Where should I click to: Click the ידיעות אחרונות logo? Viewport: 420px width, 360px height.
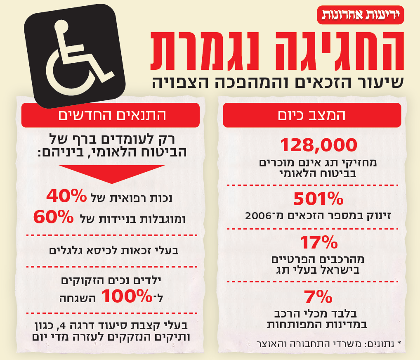point(360,15)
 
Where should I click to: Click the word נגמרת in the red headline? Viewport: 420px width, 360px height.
point(205,51)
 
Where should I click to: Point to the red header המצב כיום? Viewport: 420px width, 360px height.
point(312,115)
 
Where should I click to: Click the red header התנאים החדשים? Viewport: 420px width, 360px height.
point(110,115)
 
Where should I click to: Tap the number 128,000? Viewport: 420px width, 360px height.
point(319,145)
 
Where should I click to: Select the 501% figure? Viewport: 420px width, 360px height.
point(318,199)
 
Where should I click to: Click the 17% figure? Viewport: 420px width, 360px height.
point(319,242)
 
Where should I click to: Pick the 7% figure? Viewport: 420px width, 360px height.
point(318,296)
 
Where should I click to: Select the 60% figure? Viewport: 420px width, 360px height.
point(54,217)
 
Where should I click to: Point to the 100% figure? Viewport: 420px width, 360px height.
point(127,296)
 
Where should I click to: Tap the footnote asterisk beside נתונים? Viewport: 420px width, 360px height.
point(399,343)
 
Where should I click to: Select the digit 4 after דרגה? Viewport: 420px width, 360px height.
point(62,325)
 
